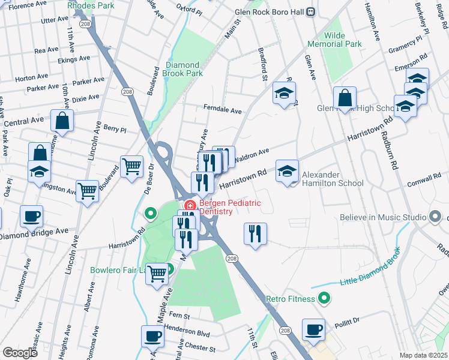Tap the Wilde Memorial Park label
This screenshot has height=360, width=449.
(x=334, y=40)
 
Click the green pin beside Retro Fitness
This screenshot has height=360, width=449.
(x=325, y=298)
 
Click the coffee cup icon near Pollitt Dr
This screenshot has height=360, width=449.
(x=313, y=329)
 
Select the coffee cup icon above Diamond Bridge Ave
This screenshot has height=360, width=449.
(x=31, y=216)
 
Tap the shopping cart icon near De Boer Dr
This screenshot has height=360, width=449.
(x=131, y=166)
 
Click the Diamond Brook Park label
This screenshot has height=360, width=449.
(x=184, y=69)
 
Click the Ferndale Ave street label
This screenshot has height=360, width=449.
(x=222, y=111)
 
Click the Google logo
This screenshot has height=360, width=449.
(x=20, y=353)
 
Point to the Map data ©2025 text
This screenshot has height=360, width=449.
(x=423, y=355)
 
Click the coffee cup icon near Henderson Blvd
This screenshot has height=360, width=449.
(x=153, y=336)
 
